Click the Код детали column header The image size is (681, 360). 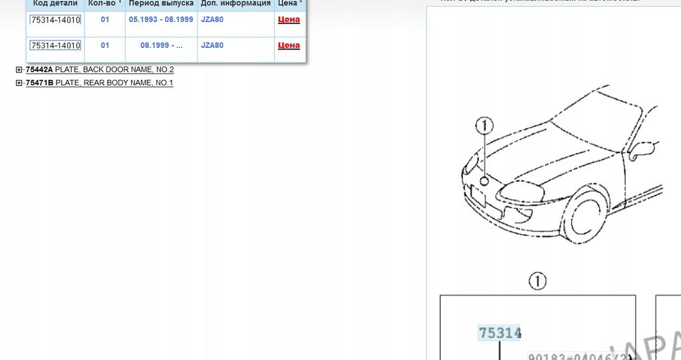pyautogui.click(x=55, y=3)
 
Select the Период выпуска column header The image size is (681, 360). pyautogui.click(x=161, y=3)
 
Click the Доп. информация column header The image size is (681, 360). pyautogui.click(x=235, y=3)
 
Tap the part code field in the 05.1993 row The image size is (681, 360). pyautogui.click(x=55, y=20)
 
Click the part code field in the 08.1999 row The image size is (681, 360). pyautogui.click(x=55, y=45)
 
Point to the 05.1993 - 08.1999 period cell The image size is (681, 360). pyautogui.click(x=161, y=20)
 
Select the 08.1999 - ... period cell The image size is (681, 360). pyautogui.click(x=161, y=45)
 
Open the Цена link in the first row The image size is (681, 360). pyautogui.click(x=289, y=20)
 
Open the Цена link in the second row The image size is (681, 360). pyautogui.click(x=289, y=45)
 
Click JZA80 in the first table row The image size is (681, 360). pyautogui.click(x=212, y=20)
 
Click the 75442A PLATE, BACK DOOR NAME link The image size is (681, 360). pyautogui.click(x=100, y=70)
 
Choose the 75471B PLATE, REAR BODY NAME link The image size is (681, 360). pyautogui.click(x=99, y=83)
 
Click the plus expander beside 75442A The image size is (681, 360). pyautogui.click(x=19, y=70)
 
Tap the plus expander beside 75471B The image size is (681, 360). pyautogui.click(x=19, y=83)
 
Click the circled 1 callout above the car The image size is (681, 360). pyautogui.click(x=485, y=124)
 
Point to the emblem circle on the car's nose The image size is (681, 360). pyautogui.click(x=485, y=180)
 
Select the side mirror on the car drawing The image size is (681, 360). pyautogui.click(x=642, y=150)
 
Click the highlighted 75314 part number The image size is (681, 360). pyautogui.click(x=499, y=333)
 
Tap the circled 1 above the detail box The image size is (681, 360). pyautogui.click(x=537, y=281)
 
